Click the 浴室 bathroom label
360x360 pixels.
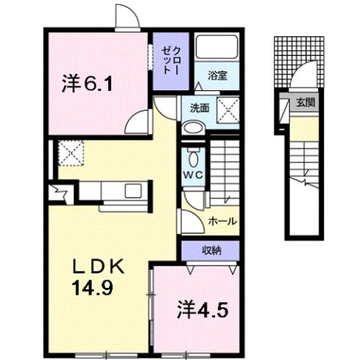coord(217,76)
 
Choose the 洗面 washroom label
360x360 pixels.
coord(198,107)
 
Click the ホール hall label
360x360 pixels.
coord(222,222)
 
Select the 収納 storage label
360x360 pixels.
coord(210,250)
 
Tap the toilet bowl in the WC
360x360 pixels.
coord(192,159)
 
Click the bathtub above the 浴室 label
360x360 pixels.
coord(217,51)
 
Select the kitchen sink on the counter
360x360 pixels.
coord(134,190)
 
